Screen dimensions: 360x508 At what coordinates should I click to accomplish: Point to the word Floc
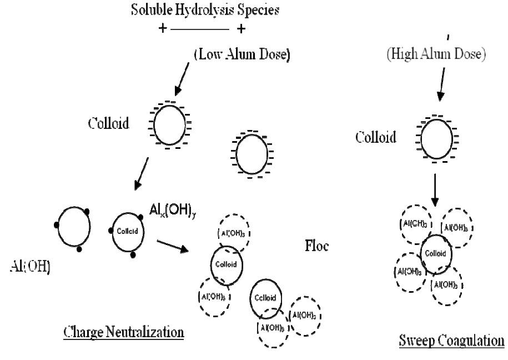pyautogui.click(x=316, y=246)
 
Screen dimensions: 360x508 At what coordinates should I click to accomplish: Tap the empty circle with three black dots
pyautogui.click(x=75, y=229)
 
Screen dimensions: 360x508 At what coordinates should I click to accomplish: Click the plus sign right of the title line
pyautogui.click(x=241, y=28)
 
